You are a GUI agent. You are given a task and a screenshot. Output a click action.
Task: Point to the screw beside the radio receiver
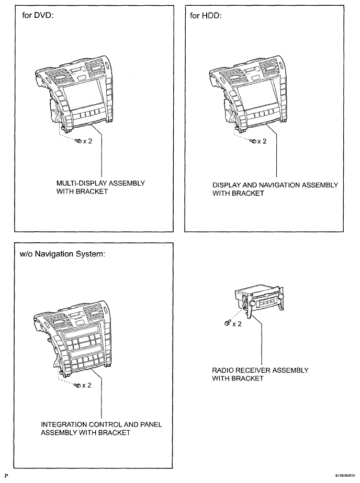coord(227,323)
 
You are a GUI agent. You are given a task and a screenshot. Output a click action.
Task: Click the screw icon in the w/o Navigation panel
coord(77,385)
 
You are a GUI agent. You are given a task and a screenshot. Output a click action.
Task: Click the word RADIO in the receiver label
coord(223,370)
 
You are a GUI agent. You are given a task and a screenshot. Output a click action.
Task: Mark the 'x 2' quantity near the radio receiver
coord(237,324)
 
